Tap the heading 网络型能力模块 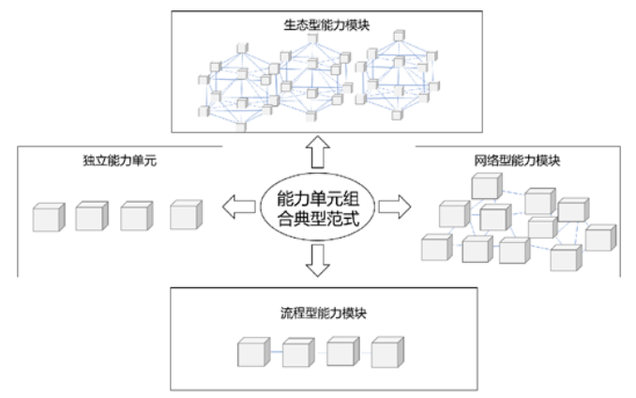tap(513, 160)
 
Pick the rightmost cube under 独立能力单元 tap(186, 215)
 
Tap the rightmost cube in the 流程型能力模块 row tap(387, 354)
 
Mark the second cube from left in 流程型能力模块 tap(297, 355)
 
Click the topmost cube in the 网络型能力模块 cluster tap(485, 187)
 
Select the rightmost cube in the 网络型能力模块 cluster tap(600, 237)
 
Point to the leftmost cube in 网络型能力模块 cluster tap(435, 248)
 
